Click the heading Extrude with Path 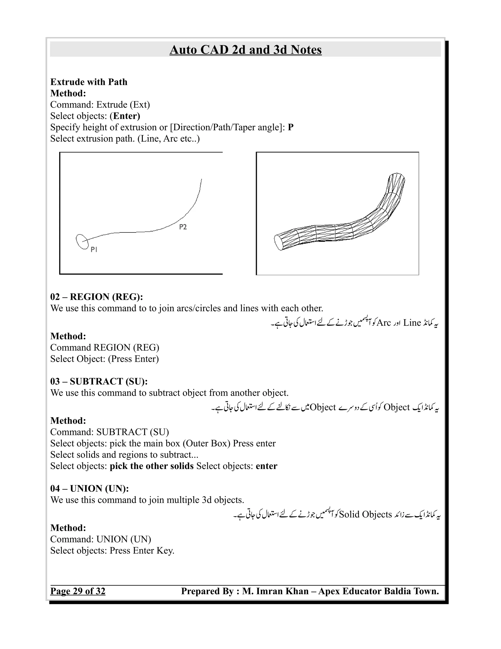(89, 82)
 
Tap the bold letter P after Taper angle (291, 128)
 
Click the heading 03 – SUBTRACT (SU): (99, 381)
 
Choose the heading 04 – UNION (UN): (89, 489)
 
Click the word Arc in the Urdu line (384, 323)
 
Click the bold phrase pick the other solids (152, 466)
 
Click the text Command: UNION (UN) (101, 539)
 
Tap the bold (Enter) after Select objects (125, 116)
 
